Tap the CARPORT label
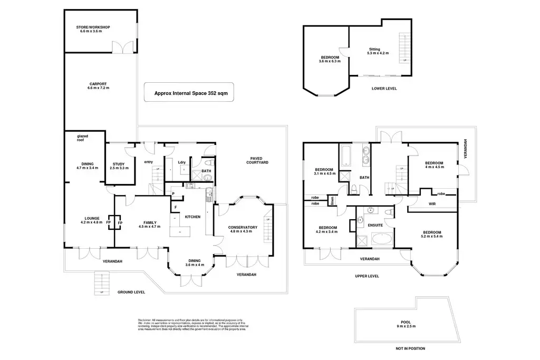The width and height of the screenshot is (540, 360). pos(98,86)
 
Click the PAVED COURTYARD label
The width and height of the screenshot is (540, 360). pos(257,160)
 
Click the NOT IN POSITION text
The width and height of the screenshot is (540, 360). pos(410,348)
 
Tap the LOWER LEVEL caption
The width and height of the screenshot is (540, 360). pos(383,89)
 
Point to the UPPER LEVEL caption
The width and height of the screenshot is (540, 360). pos(367,276)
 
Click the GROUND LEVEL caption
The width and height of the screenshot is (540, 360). pos(131,292)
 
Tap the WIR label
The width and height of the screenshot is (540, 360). pos(432,203)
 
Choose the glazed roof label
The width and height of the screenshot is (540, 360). pos(83,138)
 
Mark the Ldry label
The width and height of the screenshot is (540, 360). pos(181,162)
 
